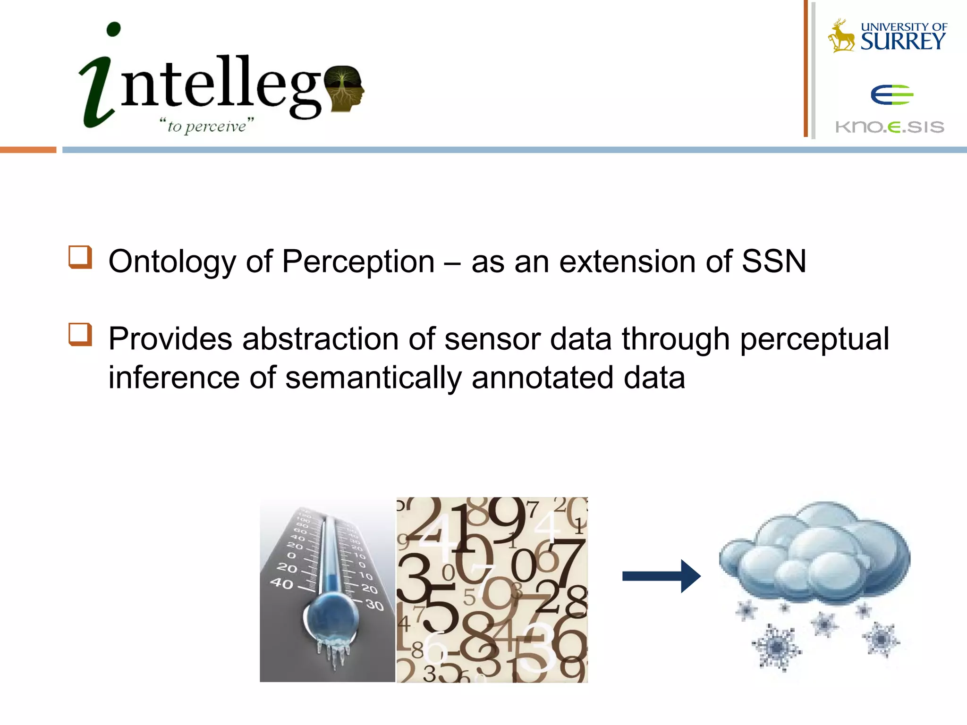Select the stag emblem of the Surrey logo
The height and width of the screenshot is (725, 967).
(841, 36)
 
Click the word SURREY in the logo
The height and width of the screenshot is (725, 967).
(902, 42)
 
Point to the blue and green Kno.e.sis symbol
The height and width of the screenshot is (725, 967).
(891, 95)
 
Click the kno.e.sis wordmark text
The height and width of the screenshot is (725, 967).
(890, 127)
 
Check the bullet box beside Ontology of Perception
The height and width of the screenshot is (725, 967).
(80, 257)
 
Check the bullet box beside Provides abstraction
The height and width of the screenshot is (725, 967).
(80, 334)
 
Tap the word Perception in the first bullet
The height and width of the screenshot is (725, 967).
(358, 261)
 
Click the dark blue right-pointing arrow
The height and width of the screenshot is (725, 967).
(661, 576)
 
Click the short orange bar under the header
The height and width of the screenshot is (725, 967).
(28, 150)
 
